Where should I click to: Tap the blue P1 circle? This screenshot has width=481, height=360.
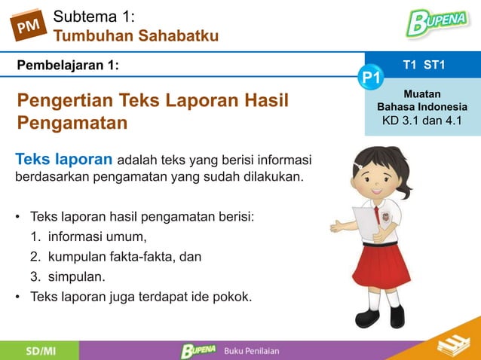pyautogui.click(x=371, y=78)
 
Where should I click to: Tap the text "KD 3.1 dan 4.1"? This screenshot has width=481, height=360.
pyautogui.click(x=422, y=121)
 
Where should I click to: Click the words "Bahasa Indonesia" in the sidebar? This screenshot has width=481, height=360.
pyautogui.click(x=422, y=107)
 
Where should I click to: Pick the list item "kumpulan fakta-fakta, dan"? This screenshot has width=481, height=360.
pyautogui.click(x=124, y=257)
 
